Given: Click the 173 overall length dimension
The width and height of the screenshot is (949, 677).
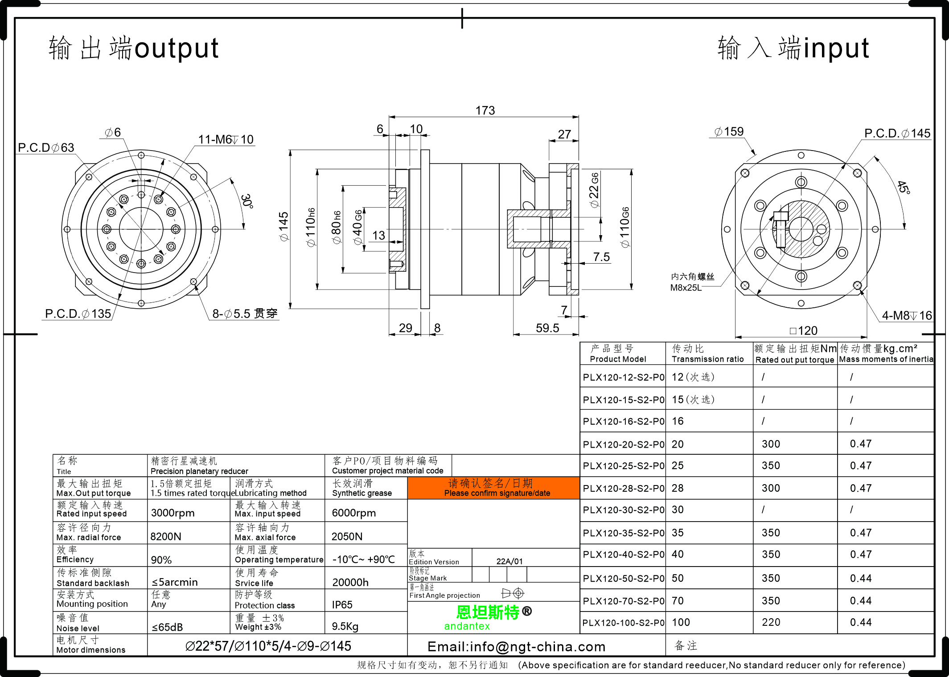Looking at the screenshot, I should (x=485, y=110).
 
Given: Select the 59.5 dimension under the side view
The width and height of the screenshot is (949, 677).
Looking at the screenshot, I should (x=547, y=328).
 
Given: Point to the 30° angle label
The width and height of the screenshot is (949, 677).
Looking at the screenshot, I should (x=246, y=201).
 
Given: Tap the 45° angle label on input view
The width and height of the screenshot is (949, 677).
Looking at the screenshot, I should (x=903, y=187).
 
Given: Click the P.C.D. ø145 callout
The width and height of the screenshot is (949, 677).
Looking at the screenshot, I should (x=897, y=133).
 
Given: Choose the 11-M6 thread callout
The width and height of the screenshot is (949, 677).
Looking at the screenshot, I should (x=226, y=139).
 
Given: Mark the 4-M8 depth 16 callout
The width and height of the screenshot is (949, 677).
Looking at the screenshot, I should (x=907, y=315).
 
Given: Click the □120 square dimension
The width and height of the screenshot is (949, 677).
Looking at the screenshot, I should (x=803, y=330).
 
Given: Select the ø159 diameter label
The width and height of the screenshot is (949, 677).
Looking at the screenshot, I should (x=729, y=132).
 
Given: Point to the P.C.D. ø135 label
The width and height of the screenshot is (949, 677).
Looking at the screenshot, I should (x=78, y=314).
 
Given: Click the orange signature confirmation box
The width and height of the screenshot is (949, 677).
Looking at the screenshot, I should (x=493, y=488).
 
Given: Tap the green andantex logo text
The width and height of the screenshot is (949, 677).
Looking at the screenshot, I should (x=467, y=626).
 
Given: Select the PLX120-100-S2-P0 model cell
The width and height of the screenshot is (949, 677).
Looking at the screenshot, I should (x=623, y=623).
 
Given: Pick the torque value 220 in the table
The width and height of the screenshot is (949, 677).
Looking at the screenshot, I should (x=771, y=622).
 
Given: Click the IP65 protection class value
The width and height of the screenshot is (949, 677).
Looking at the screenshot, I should (x=342, y=605).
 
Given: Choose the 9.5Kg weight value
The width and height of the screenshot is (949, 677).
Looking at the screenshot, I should (x=345, y=627).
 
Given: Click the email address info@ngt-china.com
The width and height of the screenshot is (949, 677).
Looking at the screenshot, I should (x=516, y=647).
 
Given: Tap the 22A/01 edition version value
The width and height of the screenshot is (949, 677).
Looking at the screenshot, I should (x=509, y=561).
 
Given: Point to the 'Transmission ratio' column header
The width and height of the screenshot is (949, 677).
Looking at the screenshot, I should (x=707, y=359).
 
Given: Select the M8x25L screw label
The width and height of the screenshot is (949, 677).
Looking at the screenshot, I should (x=686, y=288).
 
